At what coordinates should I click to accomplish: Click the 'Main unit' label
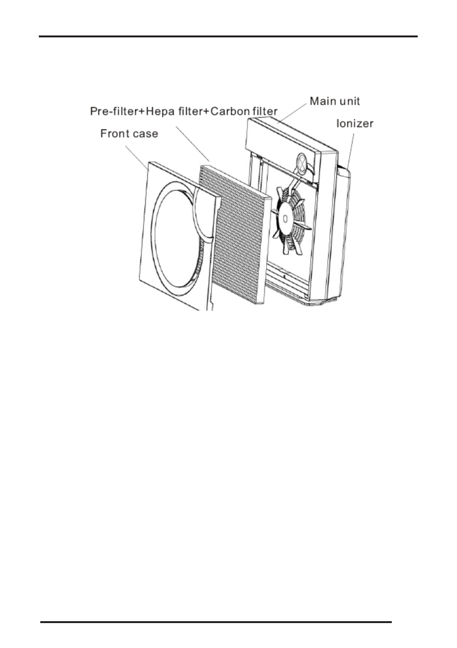coord(335,101)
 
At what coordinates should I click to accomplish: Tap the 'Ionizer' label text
coord(355,124)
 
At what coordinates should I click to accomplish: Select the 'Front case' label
coord(129,134)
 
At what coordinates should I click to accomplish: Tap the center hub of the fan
coord(285,219)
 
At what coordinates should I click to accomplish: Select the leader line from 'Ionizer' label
coord(350,151)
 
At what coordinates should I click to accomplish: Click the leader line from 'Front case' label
coord(138,158)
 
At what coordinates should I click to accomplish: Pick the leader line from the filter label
coord(192,144)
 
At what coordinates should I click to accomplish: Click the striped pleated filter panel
coord(242,234)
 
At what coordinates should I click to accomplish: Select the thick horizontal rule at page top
coord(228,36)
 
